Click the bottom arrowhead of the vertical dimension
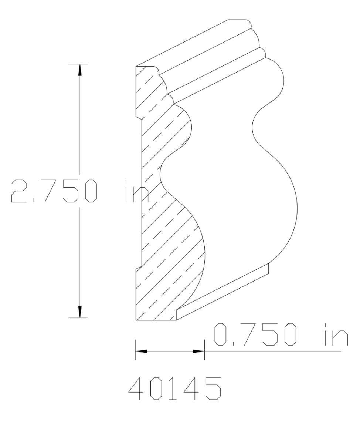(x=79, y=312)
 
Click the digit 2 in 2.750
(x=19, y=191)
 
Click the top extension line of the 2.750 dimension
(x=78, y=64)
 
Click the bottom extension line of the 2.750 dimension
(x=78, y=318)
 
